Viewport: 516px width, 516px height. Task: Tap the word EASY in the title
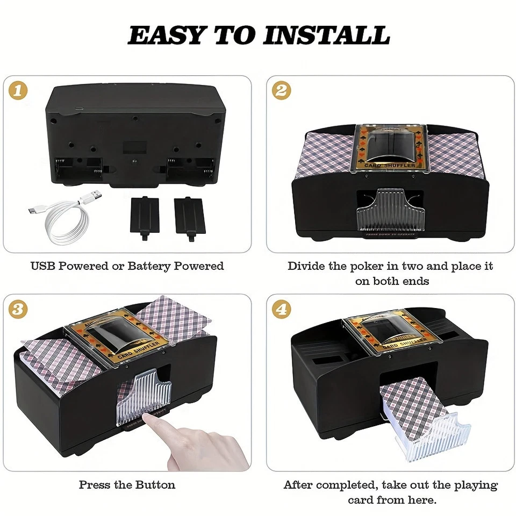click(167, 35)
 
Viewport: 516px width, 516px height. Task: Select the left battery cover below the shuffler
click(145, 214)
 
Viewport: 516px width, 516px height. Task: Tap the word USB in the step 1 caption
click(42, 266)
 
